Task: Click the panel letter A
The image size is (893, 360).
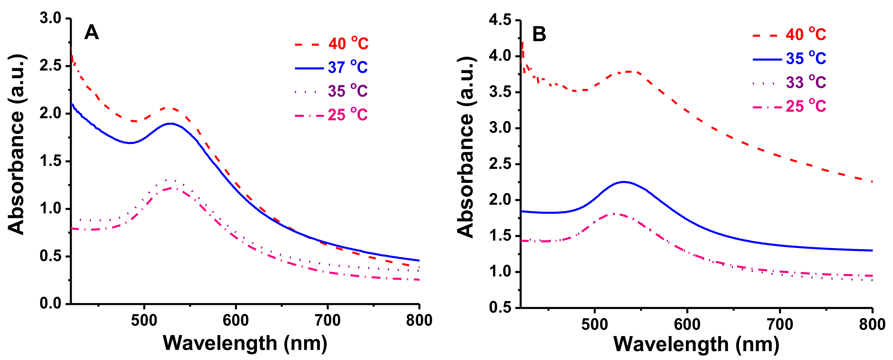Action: pos(91,33)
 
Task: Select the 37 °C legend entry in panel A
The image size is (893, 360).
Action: pos(347,67)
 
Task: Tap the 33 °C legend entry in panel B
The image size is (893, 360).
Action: pos(805,82)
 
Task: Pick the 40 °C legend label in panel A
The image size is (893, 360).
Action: pos(348,44)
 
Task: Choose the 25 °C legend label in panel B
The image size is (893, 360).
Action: pos(805,106)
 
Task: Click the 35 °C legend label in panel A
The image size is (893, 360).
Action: pos(347,91)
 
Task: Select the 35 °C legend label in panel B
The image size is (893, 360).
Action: pos(805,59)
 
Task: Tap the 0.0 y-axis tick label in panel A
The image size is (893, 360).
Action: pos(50,303)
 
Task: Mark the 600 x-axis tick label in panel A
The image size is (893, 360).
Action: pos(236,320)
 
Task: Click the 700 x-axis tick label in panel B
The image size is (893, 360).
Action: pos(780,324)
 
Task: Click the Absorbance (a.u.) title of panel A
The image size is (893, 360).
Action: pos(16,144)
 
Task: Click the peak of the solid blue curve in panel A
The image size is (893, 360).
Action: pos(171,124)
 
